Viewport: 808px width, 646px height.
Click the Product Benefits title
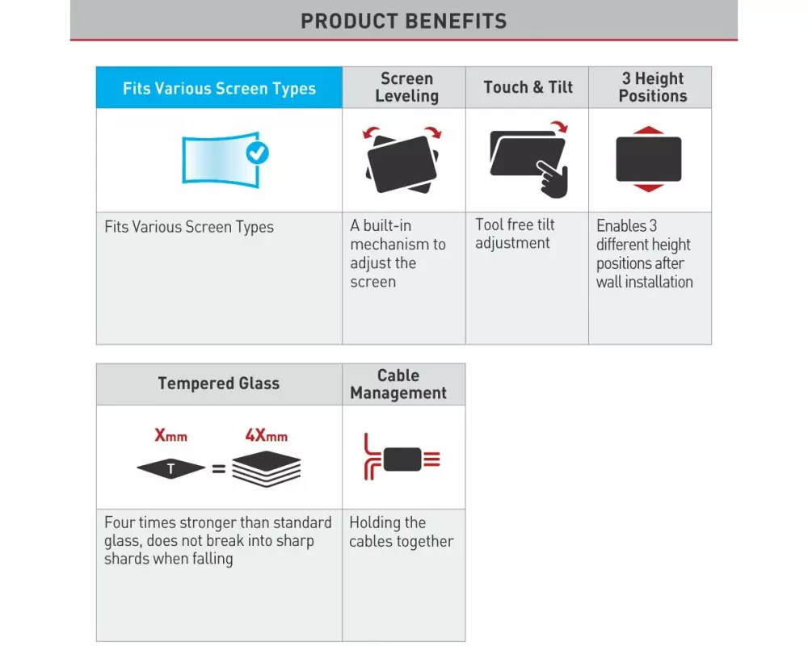[x=403, y=21]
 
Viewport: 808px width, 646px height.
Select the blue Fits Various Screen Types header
[x=219, y=87]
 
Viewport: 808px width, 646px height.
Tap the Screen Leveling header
[x=406, y=87]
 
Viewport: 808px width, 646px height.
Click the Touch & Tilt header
[x=528, y=87]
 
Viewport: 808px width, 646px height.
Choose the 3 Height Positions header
[x=652, y=87]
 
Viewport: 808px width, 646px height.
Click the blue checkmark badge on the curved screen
[x=257, y=153]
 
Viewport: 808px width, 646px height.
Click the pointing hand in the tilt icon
[x=553, y=178]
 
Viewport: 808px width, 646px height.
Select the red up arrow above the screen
[x=648, y=130]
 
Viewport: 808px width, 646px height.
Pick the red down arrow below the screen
[x=648, y=188]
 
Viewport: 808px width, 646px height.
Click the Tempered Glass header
[x=218, y=384]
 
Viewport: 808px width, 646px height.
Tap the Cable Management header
[x=398, y=384]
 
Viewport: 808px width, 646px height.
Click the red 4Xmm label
[x=266, y=436]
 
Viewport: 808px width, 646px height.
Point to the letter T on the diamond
[x=170, y=469]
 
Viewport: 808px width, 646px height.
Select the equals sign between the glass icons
[x=219, y=469]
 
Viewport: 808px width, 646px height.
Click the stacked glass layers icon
[x=266, y=468]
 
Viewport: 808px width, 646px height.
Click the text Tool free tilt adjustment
[x=514, y=234]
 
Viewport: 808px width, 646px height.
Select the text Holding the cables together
[x=402, y=531]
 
